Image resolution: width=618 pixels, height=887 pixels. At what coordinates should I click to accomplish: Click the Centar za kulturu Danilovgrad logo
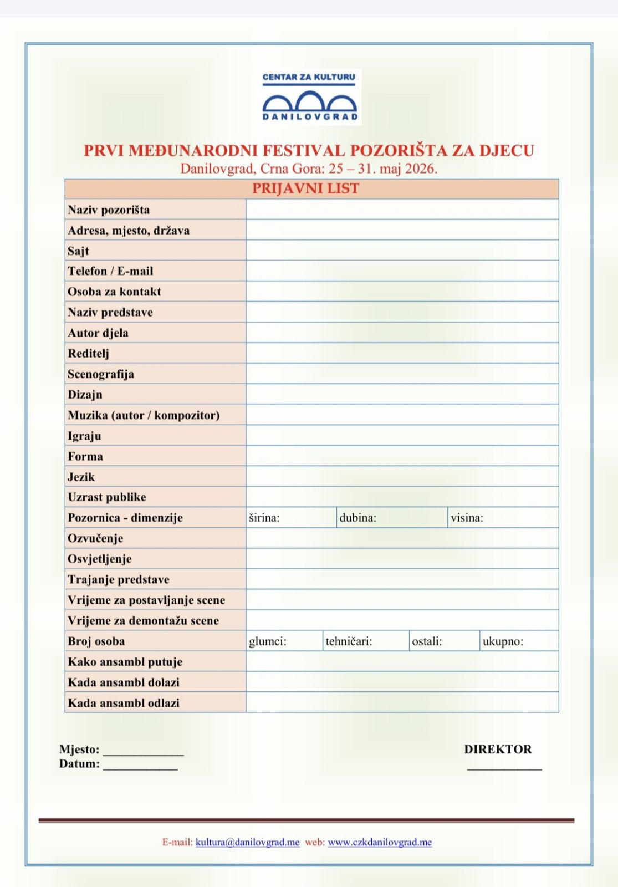pos(311,97)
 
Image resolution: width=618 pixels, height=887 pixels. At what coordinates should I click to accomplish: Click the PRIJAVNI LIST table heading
pos(305,189)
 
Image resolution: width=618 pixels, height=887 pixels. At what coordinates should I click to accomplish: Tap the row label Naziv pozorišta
pos(109,210)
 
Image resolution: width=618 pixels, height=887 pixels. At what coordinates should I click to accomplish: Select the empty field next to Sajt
pos(402,251)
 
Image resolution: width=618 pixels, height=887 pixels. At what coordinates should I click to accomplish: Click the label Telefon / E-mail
pos(111,271)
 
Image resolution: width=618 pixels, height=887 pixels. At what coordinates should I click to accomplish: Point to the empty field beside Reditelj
pos(402,353)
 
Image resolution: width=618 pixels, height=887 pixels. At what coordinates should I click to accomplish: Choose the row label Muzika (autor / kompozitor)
pos(144,415)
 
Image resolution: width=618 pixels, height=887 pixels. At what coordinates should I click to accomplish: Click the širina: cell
pos(291,518)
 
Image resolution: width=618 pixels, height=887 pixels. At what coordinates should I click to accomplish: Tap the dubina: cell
pos(392,518)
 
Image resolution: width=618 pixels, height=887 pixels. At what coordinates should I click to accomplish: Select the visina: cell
pos(503,518)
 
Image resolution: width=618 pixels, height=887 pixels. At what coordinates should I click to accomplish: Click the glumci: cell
pos(284,641)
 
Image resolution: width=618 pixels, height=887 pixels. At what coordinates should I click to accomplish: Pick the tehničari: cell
pos(366,641)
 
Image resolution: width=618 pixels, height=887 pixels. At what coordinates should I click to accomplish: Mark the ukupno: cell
pos(519,641)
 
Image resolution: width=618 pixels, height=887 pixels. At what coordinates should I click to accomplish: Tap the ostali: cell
pos(445,641)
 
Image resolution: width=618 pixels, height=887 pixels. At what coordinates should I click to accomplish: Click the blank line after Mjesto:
pos(143,752)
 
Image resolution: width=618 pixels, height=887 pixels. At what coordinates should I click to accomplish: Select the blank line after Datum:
pos(140,767)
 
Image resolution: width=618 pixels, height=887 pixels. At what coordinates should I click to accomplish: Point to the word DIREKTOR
pos(498,750)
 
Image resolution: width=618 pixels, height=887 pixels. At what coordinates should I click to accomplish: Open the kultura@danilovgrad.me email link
pos(248,842)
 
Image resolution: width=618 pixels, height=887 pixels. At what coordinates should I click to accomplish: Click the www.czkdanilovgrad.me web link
pos(380,842)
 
